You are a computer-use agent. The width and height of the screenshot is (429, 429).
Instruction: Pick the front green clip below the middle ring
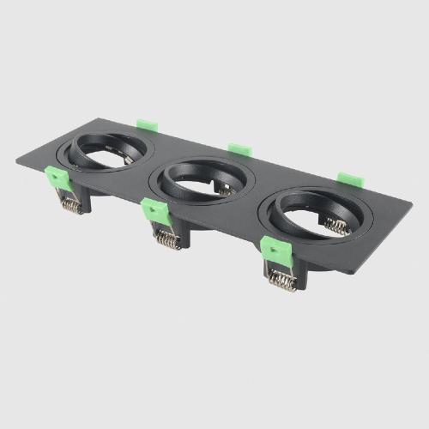click(155, 211)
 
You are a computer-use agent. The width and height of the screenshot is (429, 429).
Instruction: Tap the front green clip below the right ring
click(275, 250)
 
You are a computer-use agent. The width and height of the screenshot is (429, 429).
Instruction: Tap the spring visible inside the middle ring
click(226, 188)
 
